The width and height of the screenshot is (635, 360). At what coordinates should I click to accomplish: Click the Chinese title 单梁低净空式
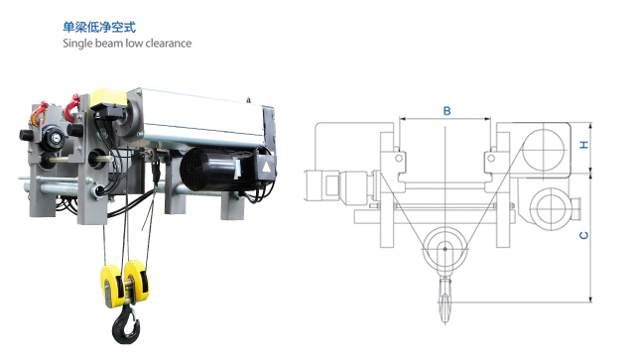tap(99, 27)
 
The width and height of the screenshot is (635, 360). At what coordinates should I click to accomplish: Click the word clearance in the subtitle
tap(169, 43)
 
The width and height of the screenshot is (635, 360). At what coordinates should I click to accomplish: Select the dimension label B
tap(447, 111)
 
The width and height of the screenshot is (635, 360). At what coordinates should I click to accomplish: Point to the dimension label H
tap(584, 145)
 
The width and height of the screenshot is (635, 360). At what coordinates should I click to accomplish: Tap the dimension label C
tap(584, 235)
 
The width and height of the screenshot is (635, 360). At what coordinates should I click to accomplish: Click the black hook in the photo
tap(126, 324)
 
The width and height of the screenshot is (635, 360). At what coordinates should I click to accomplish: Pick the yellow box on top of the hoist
tap(108, 97)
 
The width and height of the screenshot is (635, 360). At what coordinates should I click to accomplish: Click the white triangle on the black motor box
tap(266, 167)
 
